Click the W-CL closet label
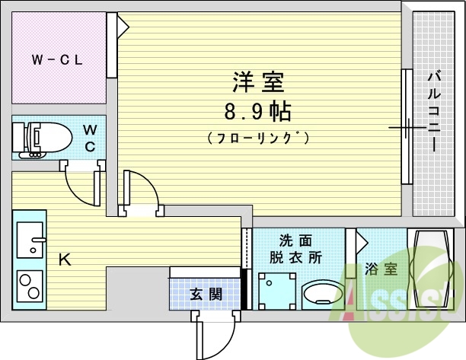pyautogui.click(x=57, y=59)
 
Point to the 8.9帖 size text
pyautogui.click(x=257, y=113)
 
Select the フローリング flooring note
pyautogui.click(x=257, y=139)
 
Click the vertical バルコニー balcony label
pyautogui.click(x=433, y=111)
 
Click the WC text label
pyautogui.click(x=90, y=138)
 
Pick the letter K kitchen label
pyautogui.click(x=65, y=260)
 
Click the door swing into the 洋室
pyautogui.click(x=141, y=192)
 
